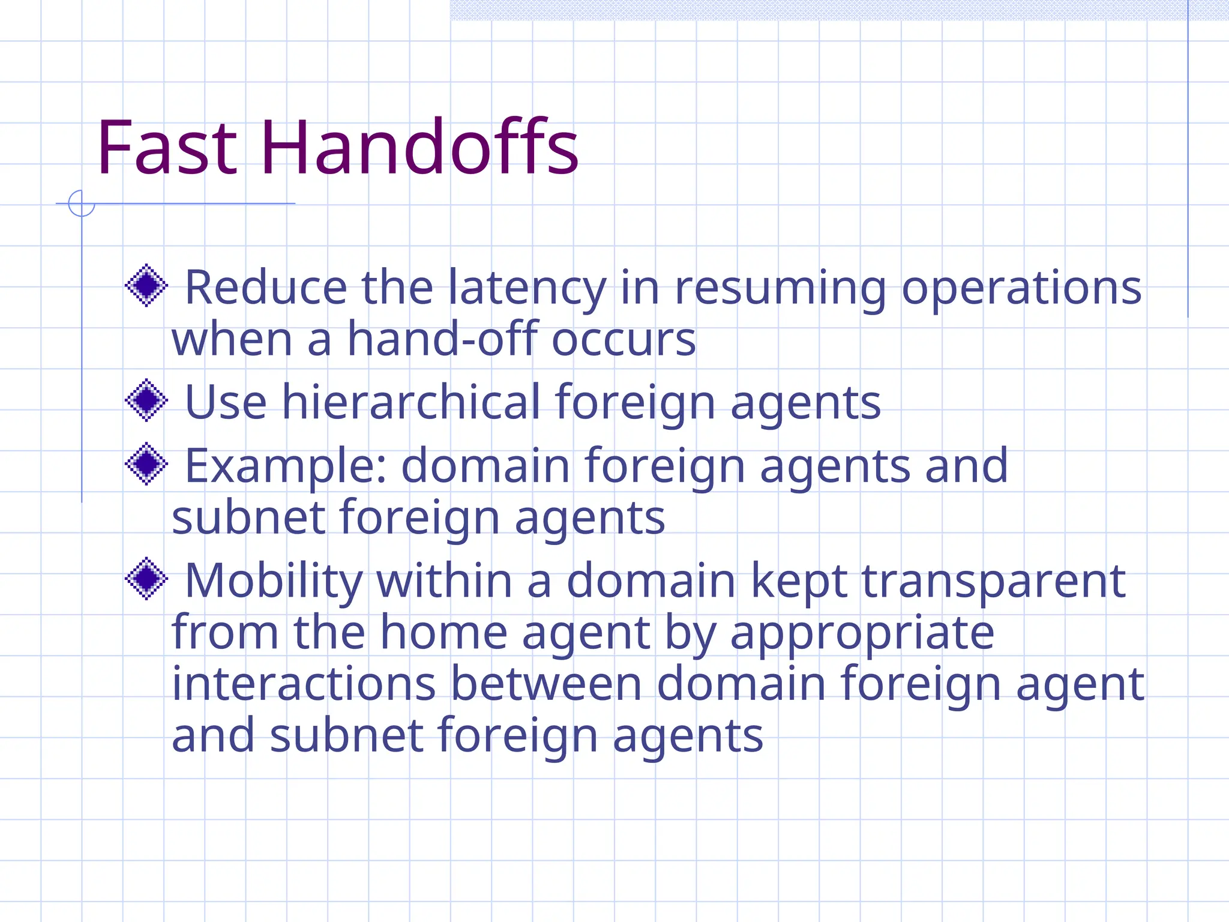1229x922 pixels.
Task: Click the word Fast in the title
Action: [167, 148]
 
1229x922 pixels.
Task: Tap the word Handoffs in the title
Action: [419, 148]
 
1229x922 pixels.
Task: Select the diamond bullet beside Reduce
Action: [146, 285]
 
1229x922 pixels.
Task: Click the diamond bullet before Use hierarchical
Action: [146, 400]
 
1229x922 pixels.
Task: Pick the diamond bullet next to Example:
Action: [146, 463]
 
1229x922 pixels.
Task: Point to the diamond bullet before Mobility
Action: [146, 579]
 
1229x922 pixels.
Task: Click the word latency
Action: [527, 288]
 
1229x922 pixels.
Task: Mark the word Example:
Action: [286, 466]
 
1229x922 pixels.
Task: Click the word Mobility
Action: [274, 581]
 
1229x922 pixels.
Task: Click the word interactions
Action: [304, 684]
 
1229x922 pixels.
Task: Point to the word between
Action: [546, 684]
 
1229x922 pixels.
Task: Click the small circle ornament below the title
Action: [82, 203]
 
